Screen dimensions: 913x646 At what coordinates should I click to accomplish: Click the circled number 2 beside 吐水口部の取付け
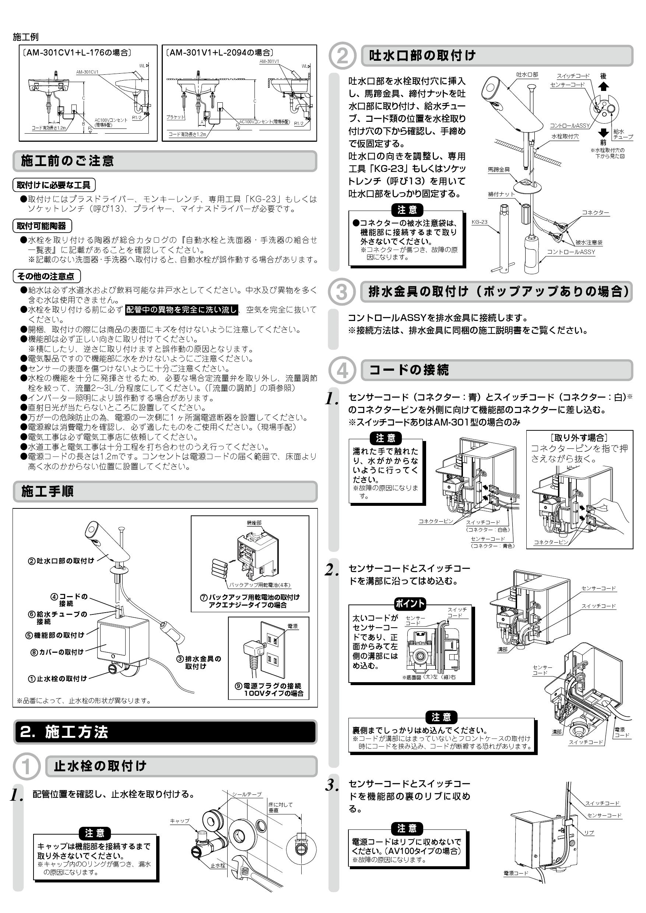coord(342,55)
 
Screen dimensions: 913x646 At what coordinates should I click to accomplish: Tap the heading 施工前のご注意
coord(68,161)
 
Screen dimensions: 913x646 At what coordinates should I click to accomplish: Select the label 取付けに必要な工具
coord(54,185)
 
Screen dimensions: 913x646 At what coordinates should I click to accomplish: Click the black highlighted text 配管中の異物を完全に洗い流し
coord(182,310)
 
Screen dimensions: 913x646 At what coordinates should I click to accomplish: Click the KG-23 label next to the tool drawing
coord(479,222)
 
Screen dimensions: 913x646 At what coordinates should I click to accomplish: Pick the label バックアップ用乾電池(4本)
coord(260,585)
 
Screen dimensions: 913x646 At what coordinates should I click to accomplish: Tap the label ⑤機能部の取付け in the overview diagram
coord(55,635)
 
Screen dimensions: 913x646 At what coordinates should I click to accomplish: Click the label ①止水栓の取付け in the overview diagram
coord(57,679)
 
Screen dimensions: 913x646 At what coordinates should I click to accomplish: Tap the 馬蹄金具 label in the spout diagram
coord(499,169)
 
